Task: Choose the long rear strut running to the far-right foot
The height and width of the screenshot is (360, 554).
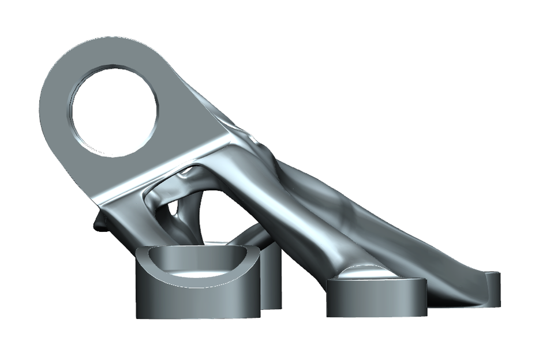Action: coord(404,231)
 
